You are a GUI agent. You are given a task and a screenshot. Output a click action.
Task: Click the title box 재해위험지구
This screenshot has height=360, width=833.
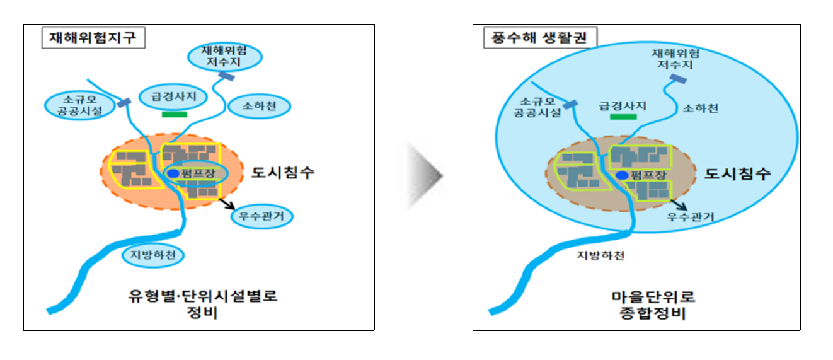[x=93, y=38]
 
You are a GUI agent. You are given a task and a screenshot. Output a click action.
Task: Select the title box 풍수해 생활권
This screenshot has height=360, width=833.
[x=540, y=38]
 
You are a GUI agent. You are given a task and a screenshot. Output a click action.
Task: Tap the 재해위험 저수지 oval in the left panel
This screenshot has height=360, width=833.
[x=224, y=57]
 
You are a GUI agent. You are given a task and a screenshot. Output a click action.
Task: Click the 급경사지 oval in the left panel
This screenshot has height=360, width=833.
[x=173, y=96]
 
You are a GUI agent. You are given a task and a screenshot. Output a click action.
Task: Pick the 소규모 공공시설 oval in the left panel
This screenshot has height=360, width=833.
[x=79, y=106]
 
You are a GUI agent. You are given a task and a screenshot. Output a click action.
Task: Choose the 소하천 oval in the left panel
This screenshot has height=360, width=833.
[x=259, y=107]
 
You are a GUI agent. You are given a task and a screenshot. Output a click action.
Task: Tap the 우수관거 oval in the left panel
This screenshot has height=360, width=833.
[x=261, y=216]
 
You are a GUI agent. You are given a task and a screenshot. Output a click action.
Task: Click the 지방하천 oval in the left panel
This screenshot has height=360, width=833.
[x=153, y=255]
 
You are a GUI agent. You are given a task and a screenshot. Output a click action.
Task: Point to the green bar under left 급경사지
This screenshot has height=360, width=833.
[x=175, y=115]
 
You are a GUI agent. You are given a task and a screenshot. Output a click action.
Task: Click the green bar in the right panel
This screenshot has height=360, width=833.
[x=623, y=117]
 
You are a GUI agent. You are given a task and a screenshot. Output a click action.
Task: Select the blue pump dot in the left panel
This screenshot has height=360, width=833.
[x=173, y=173]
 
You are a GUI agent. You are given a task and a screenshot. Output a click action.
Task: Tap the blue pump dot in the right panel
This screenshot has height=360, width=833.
[x=622, y=175]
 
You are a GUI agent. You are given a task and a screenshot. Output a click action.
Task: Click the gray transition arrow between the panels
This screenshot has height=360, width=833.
[x=424, y=175]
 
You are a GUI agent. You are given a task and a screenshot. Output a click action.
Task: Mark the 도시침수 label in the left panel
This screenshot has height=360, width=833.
[x=283, y=173]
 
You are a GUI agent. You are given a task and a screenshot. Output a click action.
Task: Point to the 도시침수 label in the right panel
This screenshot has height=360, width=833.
[x=737, y=174]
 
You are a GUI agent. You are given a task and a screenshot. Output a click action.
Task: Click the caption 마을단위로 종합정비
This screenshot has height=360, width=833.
[x=653, y=305]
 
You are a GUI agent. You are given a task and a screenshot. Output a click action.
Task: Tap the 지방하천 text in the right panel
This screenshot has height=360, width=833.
[x=600, y=255]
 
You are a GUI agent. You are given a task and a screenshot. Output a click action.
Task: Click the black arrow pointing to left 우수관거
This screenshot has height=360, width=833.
[x=227, y=204]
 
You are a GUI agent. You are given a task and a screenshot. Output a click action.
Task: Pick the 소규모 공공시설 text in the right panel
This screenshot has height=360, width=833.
[x=537, y=107]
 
